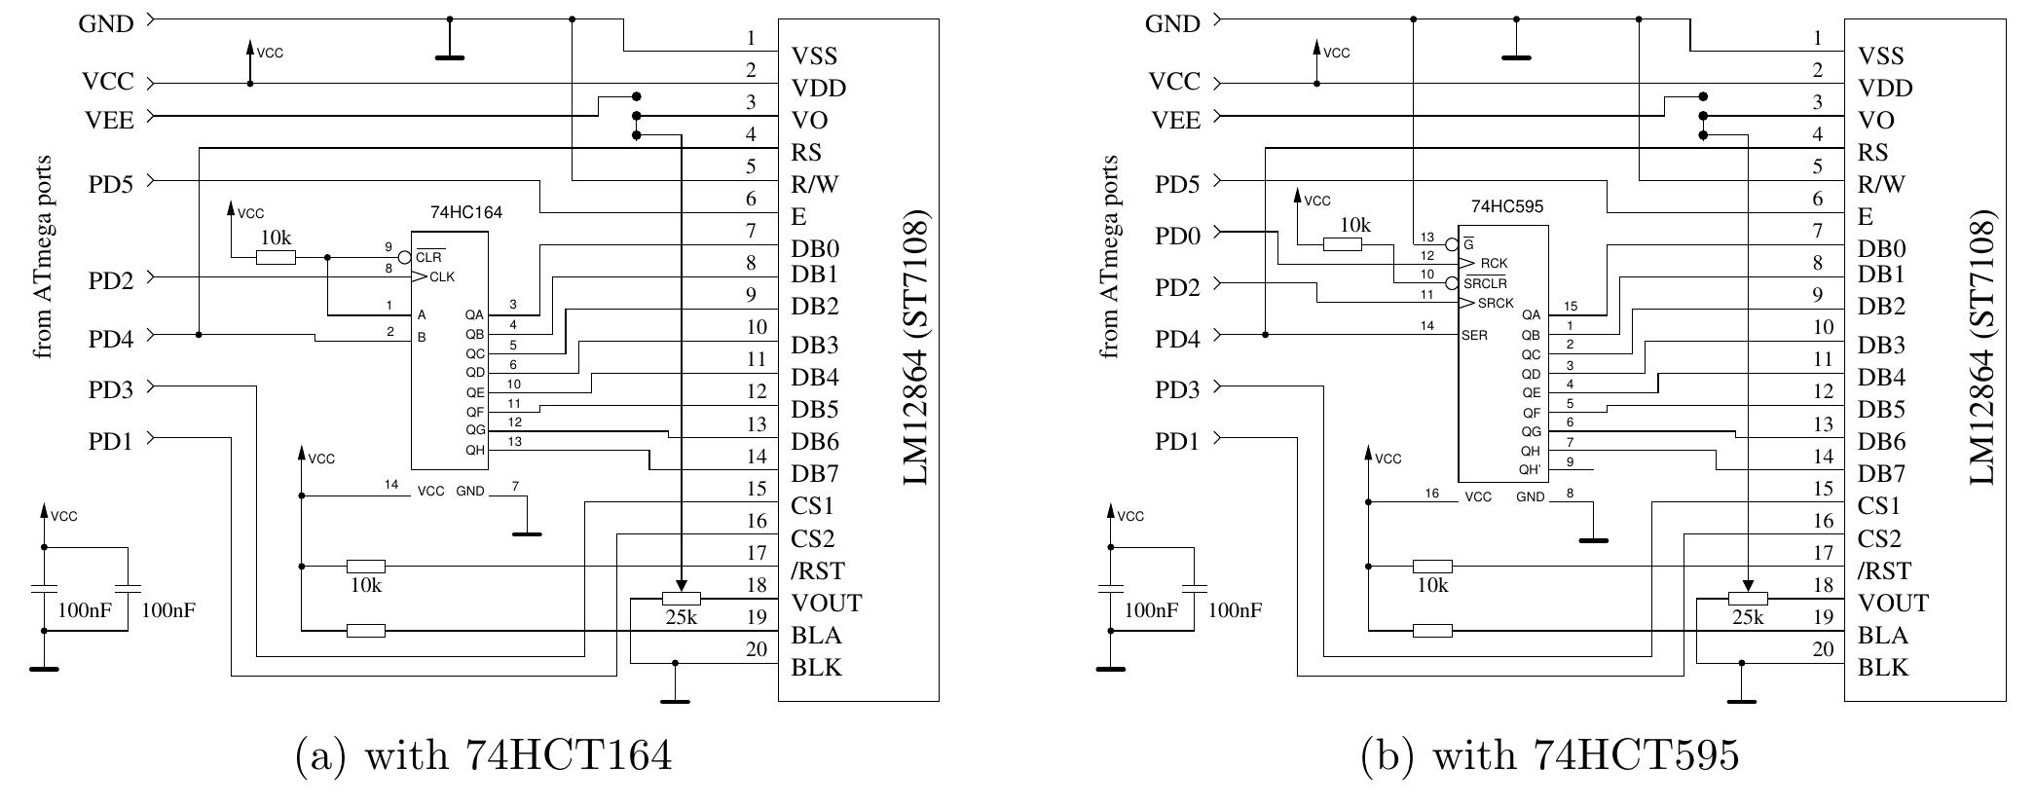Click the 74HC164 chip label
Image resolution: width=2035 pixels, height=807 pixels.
[x=466, y=212]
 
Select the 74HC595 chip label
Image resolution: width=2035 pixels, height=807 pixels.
[x=1506, y=206]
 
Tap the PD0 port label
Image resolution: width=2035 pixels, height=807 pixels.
[x=1177, y=236]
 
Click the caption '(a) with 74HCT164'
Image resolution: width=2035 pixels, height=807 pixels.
[x=483, y=755]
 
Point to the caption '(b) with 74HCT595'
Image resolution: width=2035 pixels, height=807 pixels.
[x=1549, y=755]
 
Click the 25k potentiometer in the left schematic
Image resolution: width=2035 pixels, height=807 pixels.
[x=681, y=599]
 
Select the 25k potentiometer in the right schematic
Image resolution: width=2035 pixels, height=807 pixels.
[x=1748, y=599]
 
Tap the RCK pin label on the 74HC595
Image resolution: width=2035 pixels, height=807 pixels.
[x=1494, y=264]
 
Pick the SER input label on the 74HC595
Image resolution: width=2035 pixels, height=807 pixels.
[x=1474, y=335]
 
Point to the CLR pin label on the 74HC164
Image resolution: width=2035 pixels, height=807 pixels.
[x=429, y=258]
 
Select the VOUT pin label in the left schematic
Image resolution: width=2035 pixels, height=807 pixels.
[x=827, y=604]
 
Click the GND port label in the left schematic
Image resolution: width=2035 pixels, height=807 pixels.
[x=106, y=23]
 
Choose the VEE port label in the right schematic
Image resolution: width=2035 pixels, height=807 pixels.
[x=1176, y=120]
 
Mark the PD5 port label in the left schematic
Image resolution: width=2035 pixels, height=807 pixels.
[x=111, y=184]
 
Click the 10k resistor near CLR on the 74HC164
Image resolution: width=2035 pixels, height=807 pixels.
[x=276, y=258]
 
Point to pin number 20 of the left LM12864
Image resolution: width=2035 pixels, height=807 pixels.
[x=757, y=649]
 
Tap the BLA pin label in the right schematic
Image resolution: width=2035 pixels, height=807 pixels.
[x=1883, y=636]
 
